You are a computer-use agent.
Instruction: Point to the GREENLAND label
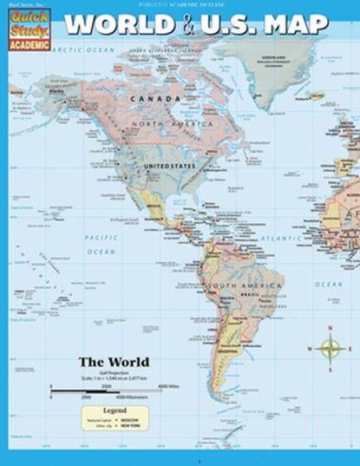(284, 61)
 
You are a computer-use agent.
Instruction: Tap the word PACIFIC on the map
(101, 236)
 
